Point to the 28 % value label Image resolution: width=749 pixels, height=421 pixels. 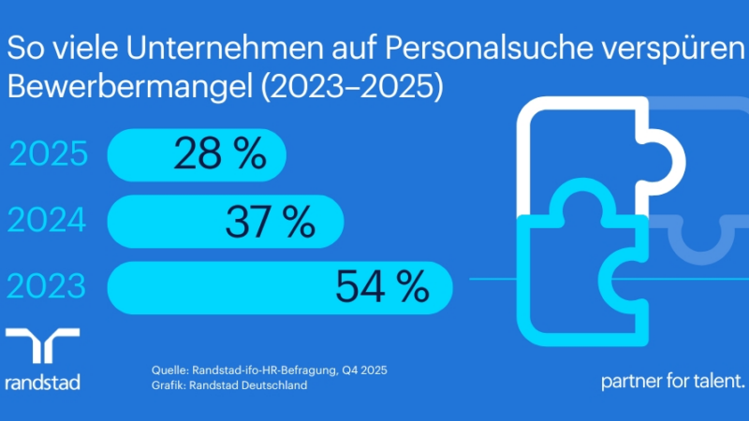coord(220,154)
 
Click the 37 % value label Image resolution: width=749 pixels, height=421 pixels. coord(270,221)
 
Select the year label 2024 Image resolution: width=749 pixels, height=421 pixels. coord(49,221)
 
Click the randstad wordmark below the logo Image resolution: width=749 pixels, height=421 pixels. coord(42,382)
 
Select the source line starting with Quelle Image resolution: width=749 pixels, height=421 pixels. coord(269,370)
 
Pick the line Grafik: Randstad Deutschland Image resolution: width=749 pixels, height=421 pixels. coord(229,385)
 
